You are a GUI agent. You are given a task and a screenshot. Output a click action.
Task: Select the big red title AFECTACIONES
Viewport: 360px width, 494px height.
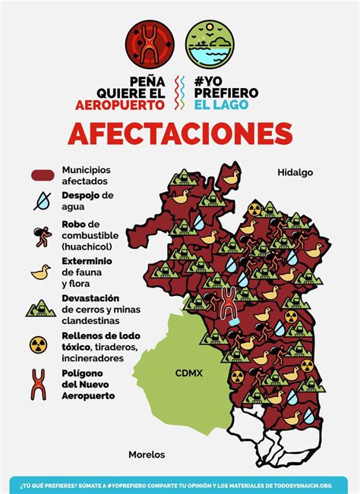pos(180,134)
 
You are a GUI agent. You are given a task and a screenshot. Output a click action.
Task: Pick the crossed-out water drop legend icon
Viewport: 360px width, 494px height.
pos(43,200)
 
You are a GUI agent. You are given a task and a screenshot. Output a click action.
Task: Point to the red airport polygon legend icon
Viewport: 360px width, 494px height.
pos(43,382)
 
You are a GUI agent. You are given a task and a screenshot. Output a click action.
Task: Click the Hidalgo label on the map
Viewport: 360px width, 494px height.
pos(295,173)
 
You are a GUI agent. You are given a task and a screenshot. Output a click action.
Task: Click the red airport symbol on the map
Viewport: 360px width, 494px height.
pos(227,302)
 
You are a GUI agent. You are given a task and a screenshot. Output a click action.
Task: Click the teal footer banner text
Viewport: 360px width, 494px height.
pos(180,483)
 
